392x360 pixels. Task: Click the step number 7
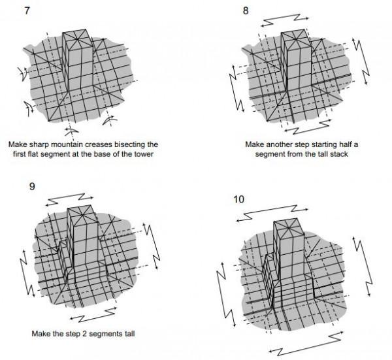click(x=27, y=10)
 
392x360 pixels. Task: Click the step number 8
click(x=246, y=10)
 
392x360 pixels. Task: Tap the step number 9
click(x=32, y=186)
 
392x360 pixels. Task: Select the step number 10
click(x=238, y=199)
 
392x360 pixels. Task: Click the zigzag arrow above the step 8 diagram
click(x=285, y=20)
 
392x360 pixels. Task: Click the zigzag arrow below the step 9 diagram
click(x=93, y=315)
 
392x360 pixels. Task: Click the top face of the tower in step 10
click(x=289, y=227)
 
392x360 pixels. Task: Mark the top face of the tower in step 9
click(x=82, y=214)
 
